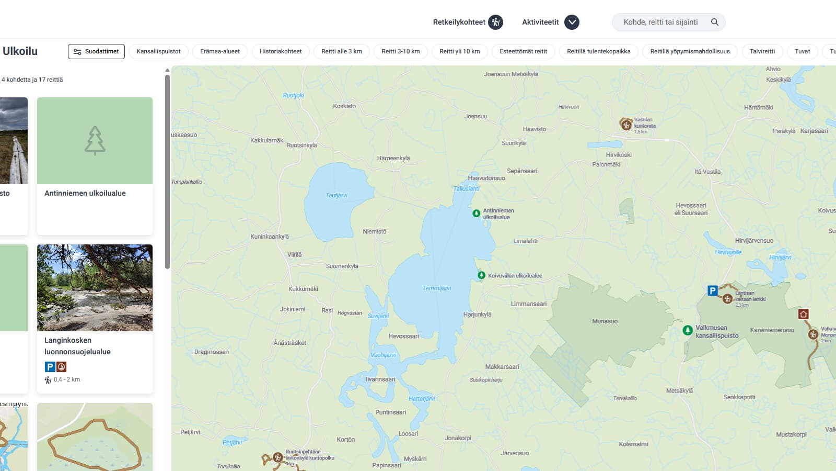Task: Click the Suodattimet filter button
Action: (x=96, y=51)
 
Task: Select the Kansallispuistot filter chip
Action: (x=158, y=51)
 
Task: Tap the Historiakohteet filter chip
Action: (x=281, y=51)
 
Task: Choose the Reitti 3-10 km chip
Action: (x=400, y=51)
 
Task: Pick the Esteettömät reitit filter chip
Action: (x=523, y=51)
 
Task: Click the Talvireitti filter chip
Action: (x=762, y=51)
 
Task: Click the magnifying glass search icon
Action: (x=715, y=22)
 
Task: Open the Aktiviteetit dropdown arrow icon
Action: (x=572, y=22)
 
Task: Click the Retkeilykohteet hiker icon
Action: (x=495, y=22)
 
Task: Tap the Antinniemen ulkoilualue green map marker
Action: (x=477, y=214)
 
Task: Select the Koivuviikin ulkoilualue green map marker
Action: (x=481, y=275)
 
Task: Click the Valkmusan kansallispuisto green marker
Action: (x=688, y=330)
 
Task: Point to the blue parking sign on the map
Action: (x=712, y=290)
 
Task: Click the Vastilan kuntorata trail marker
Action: (x=626, y=125)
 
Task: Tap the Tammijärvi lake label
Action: (x=436, y=288)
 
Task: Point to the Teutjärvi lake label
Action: (x=336, y=195)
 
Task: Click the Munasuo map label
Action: (x=605, y=321)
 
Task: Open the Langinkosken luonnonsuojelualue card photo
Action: (x=95, y=287)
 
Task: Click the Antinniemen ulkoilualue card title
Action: (x=85, y=193)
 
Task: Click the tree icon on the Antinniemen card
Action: (x=95, y=140)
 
